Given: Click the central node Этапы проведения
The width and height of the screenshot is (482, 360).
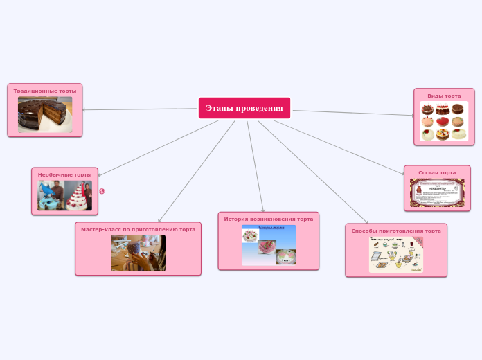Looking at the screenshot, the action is click(244, 108).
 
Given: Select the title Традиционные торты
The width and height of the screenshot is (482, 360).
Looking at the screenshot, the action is click(45, 91).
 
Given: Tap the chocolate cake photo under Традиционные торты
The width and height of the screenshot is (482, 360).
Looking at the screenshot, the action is click(45, 114).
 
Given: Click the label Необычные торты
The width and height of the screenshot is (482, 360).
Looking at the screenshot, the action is click(64, 174).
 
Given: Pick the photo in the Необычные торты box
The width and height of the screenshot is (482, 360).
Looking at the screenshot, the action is click(64, 196).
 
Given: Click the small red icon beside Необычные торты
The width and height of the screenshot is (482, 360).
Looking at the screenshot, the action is click(102, 191).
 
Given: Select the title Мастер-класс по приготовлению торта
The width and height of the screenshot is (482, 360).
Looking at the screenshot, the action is click(138, 229).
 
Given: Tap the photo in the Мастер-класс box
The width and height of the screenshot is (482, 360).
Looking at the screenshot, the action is click(138, 253).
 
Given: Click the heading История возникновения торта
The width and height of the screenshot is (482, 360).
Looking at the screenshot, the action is click(269, 219).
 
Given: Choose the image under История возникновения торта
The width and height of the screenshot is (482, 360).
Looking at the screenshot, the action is click(269, 245).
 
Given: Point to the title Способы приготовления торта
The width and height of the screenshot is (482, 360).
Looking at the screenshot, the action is click(396, 231).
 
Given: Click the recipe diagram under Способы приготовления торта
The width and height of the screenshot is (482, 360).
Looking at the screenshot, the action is click(396, 254).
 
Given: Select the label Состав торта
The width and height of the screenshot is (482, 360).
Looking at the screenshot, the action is click(437, 172).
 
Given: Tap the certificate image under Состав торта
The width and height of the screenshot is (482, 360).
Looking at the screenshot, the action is click(437, 193).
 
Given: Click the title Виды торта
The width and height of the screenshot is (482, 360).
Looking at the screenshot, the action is click(444, 96).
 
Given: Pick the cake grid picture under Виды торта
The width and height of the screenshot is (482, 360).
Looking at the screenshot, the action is click(444, 121).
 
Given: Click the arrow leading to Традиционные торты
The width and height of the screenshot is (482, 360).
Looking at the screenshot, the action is click(139, 109).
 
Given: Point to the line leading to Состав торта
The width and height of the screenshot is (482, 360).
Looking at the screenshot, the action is click(339, 147).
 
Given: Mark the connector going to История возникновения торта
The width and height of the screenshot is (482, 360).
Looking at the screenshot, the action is click(256, 166).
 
